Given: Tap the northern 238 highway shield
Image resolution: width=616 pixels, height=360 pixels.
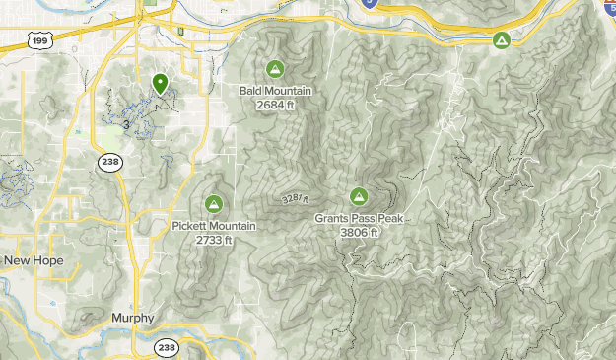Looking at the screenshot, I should pyautogui.click(x=109, y=163).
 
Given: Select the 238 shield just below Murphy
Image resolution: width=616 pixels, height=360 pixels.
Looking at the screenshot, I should pyautogui.click(x=167, y=347).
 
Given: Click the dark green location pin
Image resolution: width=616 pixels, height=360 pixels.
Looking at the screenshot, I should pyautogui.click(x=160, y=84).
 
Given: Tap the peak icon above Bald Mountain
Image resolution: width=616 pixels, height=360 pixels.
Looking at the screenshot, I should pyautogui.click(x=275, y=69).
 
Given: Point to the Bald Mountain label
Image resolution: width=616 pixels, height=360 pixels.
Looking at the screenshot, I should pyautogui.click(x=275, y=91).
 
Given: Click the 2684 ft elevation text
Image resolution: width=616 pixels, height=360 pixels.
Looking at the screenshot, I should pyautogui.click(x=275, y=105).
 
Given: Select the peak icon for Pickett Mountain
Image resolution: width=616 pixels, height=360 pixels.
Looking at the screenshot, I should pyautogui.click(x=213, y=204).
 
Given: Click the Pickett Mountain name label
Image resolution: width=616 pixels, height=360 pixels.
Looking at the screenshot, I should pyautogui.click(x=213, y=226).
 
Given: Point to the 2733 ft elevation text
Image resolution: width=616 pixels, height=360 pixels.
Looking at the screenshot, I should pyautogui.click(x=213, y=240).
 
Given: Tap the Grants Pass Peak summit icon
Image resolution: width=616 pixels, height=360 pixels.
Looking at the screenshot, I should pyautogui.click(x=358, y=196).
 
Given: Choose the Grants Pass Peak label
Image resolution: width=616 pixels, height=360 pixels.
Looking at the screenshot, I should pyautogui.click(x=358, y=219).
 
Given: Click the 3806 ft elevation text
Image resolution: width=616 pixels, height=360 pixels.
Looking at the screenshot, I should pyautogui.click(x=358, y=233).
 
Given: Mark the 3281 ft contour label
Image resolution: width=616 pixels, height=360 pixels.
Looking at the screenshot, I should pyautogui.click(x=296, y=198).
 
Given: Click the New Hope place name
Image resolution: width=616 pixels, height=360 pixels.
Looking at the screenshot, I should pyautogui.click(x=33, y=260).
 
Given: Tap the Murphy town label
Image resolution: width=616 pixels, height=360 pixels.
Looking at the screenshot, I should pyautogui.click(x=133, y=319).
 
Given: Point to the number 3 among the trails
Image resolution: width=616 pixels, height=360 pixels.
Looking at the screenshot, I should pyautogui.click(x=126, y=124).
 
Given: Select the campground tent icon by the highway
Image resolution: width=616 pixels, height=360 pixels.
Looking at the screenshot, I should pyautogui.click(x=501, y=40).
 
